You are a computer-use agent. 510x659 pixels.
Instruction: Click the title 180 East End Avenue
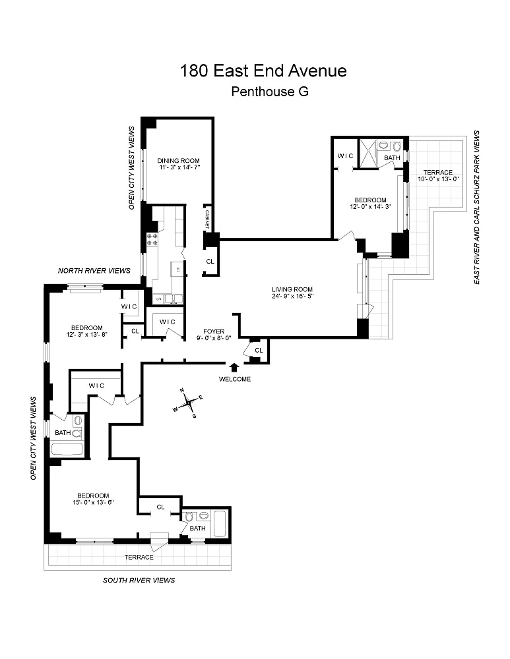pos(263,71)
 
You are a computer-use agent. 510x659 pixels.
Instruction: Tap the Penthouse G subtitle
pos(270,92)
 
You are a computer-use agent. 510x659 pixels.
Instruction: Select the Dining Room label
pos(178,161)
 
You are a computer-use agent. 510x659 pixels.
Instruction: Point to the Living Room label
pos(292,289)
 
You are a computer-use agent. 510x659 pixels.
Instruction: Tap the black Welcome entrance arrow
pos(234,368)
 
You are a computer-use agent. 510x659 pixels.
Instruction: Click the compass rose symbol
pos(189,402)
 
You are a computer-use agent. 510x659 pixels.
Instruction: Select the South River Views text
pos(139,581)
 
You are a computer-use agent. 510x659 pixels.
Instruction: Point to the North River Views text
pos(93,271)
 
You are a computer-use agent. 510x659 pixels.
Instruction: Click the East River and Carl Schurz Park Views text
pos(476,207)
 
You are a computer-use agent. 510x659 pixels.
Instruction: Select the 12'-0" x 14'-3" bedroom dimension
pos(369,208)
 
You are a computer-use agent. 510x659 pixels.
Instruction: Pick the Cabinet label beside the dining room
pos(207,218)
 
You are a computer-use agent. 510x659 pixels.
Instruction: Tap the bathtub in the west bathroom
pos(67,451)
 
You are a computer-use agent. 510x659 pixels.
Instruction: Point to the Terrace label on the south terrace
pos(139,558)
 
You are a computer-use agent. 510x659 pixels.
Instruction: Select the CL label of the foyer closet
pos(259,350)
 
